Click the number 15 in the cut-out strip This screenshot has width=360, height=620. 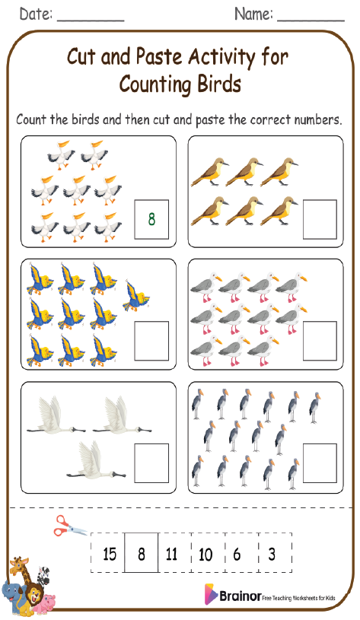(x=110, y=554)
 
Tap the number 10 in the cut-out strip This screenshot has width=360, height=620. (x=205, y=554)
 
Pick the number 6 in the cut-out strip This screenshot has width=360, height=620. (x=237, y=554)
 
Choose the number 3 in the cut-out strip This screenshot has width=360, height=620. (x=272, y=554)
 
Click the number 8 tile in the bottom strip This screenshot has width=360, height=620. (x=142, y=554)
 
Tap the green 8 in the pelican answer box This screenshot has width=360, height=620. (x=151, y=220)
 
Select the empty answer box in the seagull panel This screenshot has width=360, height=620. (x=319, y=340)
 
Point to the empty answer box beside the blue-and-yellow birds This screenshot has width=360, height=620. (x=151, y=340)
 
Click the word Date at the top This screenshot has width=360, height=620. (x=35, y=14)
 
